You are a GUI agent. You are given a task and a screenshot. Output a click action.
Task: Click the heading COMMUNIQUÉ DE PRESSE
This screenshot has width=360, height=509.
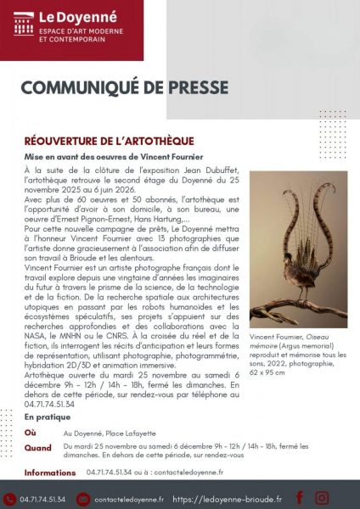[124, 88]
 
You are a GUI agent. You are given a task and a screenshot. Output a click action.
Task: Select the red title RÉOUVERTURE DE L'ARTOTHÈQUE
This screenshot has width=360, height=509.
[110, 140]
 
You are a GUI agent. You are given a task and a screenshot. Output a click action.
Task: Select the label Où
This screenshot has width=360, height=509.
[31, 432]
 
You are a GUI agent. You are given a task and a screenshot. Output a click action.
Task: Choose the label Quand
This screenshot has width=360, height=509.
[37, 447]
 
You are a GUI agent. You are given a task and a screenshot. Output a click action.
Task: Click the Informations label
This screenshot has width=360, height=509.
[50, 473]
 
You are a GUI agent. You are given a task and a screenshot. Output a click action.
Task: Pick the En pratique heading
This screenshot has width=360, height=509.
[49, 417]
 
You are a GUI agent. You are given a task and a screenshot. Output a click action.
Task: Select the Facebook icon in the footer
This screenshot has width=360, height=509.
[300, 497]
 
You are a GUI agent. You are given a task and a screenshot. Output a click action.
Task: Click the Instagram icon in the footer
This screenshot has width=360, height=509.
[322, 497]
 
